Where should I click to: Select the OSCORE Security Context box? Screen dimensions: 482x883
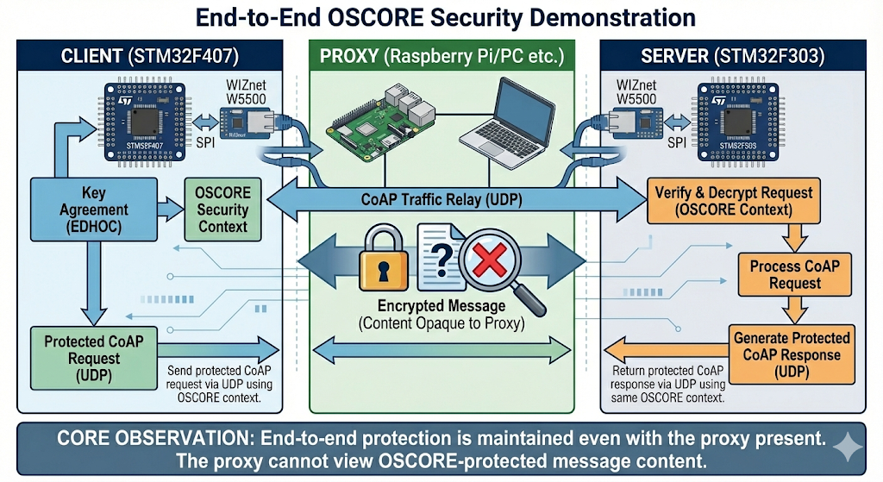tap(222, 210)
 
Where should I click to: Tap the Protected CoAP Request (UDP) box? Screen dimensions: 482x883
tap(83, 354)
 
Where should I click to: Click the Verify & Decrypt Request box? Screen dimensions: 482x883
tap(733, 200)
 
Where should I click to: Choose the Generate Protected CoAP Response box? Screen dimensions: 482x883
tap(792, 353)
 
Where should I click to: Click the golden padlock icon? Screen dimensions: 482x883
tap(380, 258)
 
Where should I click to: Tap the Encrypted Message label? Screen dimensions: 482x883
tap(441, 307)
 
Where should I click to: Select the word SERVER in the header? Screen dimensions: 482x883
tap(678, 58)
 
